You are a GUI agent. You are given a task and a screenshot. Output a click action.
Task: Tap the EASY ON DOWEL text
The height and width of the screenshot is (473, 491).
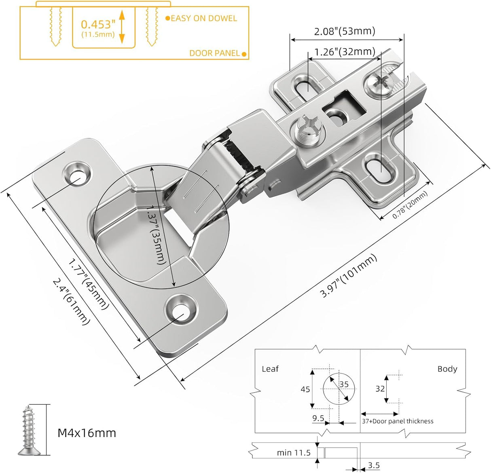203,18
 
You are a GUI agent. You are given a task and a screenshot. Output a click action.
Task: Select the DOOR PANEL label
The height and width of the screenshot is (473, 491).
214,53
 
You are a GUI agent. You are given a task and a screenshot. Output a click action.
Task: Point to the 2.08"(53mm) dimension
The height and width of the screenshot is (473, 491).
345,31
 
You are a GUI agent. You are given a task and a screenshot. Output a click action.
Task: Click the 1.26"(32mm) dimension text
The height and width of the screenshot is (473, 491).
345,52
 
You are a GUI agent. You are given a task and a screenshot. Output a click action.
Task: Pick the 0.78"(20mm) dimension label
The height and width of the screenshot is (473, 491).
410,205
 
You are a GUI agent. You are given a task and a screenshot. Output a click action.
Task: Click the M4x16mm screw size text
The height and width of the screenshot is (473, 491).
87,433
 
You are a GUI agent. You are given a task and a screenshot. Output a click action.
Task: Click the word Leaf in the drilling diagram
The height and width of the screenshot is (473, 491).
270,369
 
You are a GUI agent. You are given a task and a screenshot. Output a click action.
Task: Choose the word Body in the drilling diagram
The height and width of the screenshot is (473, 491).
447,369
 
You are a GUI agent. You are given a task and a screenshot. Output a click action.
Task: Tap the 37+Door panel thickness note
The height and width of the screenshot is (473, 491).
397,421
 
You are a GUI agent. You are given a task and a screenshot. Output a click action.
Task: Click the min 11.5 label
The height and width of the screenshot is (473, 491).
294,452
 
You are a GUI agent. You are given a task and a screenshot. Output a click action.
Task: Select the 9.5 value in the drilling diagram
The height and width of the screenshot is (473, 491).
318,418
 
